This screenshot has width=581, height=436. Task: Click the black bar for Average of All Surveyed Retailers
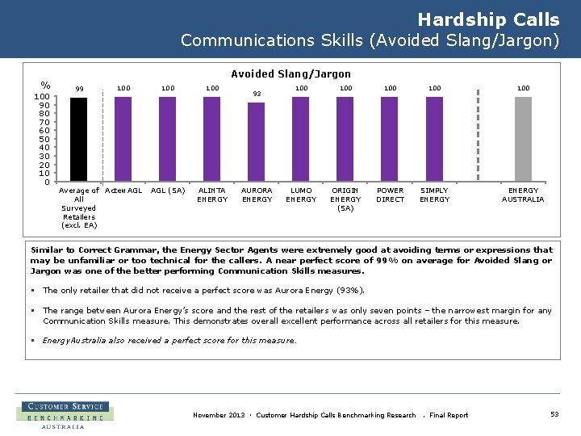[x=79, y=139]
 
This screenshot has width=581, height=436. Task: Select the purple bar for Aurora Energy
[x=257, y=142]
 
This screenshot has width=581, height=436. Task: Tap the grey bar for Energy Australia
[x=523, y=139]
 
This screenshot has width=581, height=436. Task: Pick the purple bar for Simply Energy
[x=434, y=139]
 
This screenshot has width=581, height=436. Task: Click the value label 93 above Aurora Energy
[x=257, y=94]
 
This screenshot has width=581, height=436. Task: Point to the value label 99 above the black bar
[x=79, y=89]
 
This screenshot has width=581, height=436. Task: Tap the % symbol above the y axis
[x=46, y=85]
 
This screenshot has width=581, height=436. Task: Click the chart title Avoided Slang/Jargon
[x=290, y=74]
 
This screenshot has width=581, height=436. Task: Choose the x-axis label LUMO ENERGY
[x=301, y=195]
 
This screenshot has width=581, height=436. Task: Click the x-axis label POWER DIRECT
[x=391, y=195]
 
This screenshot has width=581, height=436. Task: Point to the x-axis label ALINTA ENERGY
[x=212, y=195]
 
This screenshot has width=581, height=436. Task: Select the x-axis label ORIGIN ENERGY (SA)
[x=345, y=199]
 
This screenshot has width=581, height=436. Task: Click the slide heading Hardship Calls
[x=488, y=20]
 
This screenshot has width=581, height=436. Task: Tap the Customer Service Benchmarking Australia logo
[x=65, y=415]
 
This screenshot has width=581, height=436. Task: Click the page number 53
[x=554, y=414]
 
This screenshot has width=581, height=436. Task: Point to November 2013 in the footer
[x=218, y=415]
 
